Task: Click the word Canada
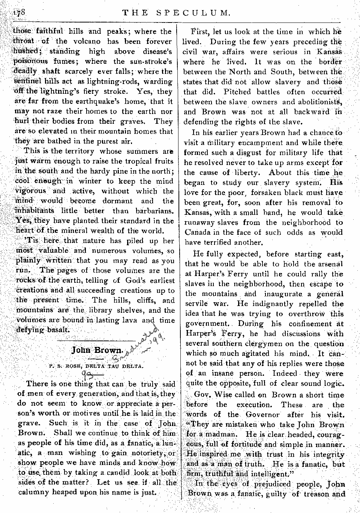pos(198,232)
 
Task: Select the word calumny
pos(35,492)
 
